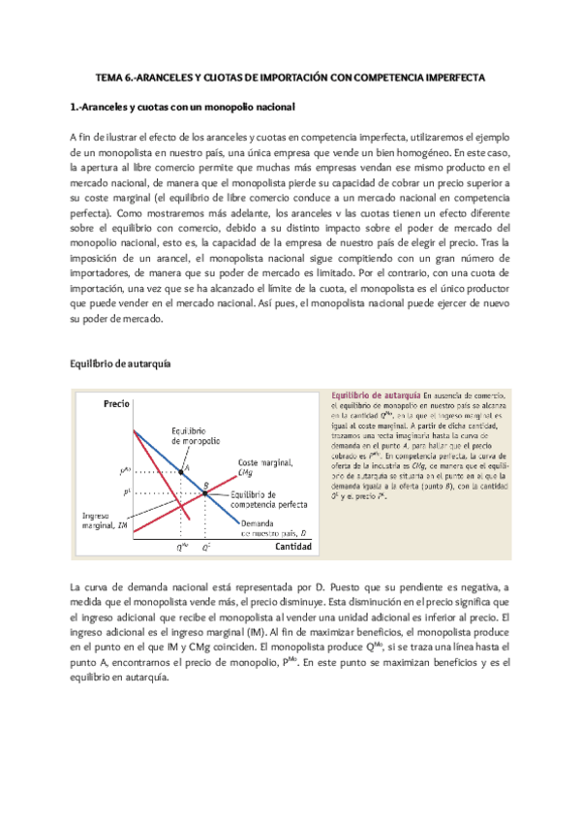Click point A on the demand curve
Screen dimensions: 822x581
(x=182, y=471)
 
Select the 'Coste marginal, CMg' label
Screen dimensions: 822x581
(x=260, y=467)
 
